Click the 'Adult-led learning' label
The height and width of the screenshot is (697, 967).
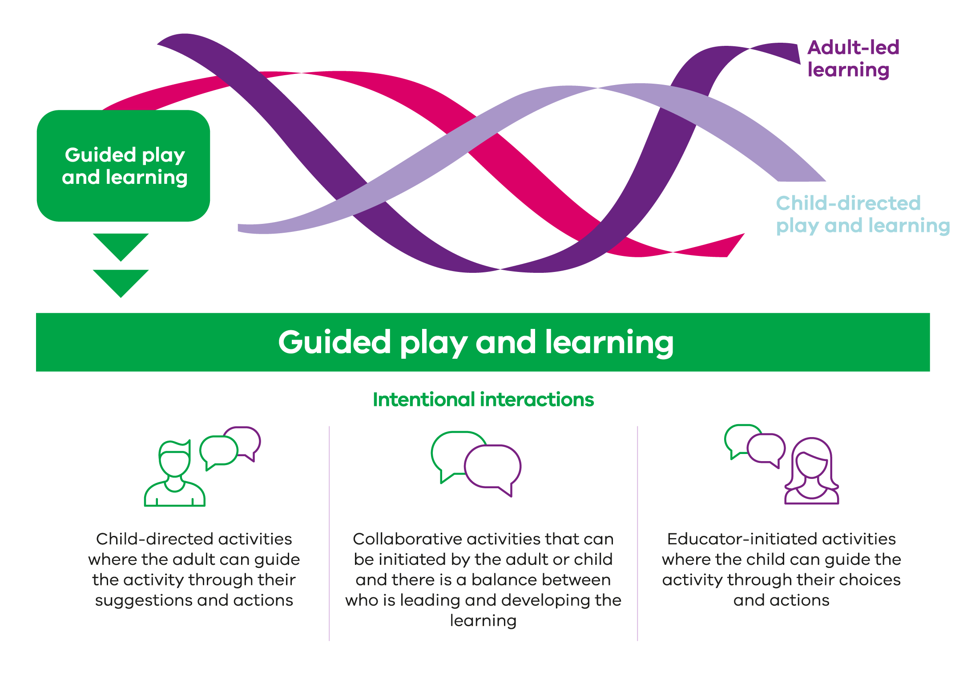click(x=853, y=59)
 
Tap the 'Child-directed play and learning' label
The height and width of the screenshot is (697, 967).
click(x=863, y=215)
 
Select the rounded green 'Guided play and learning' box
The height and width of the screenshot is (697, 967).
click(x=123, y=166)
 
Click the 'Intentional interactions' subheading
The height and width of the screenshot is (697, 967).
click(x=483, y=400)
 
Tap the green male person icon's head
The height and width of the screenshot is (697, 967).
click(x=174, y=458)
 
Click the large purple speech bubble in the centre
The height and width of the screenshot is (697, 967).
click(x=493, y=468)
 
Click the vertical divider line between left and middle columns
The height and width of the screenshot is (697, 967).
click(x=329, y=533)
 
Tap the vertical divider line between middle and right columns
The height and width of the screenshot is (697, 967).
click(x=637, y=533)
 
